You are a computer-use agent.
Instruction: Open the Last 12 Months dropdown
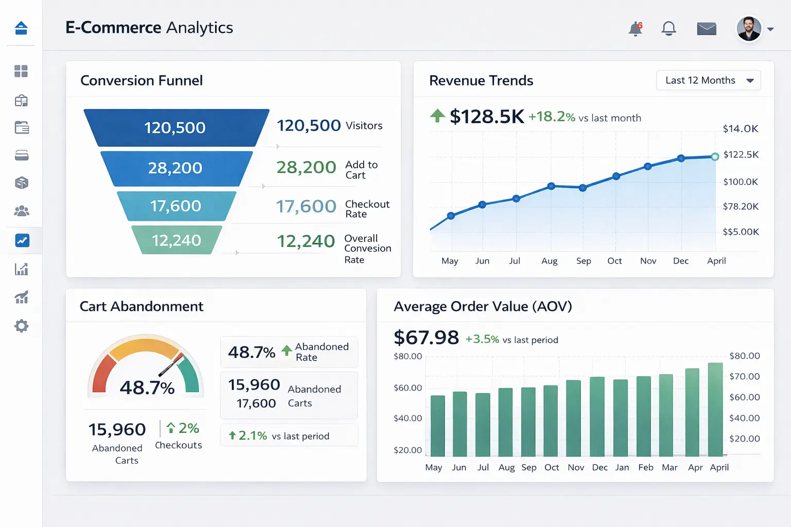coord(708,80)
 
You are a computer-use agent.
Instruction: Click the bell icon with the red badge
coord(635,29)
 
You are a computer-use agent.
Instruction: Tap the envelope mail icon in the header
coord(707,29)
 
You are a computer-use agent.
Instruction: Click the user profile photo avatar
coord(749,29)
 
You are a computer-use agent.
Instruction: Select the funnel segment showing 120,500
coord(175,128)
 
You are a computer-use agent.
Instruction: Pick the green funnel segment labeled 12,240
coord(176,240)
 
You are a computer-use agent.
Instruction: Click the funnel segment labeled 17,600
coord(176,206)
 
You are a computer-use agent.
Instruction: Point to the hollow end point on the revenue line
coord(715,156)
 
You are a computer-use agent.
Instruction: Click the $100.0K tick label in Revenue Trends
coord(740,182)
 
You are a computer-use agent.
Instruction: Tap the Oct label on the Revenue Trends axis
coord(614,261)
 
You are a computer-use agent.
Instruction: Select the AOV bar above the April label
coord(715,410)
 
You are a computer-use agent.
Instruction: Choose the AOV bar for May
coord(438,426)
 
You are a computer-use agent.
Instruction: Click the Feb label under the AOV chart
coord(645,467)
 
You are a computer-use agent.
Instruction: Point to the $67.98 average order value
coord(426,338)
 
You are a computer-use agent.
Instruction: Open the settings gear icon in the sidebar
coord(21,326)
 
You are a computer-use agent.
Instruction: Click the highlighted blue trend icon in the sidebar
coord(22,240)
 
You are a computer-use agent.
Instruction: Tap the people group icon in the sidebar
coord(22,211)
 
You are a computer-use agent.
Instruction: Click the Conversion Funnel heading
coord(142,81)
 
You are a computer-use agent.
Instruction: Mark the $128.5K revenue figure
coord(487,117)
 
